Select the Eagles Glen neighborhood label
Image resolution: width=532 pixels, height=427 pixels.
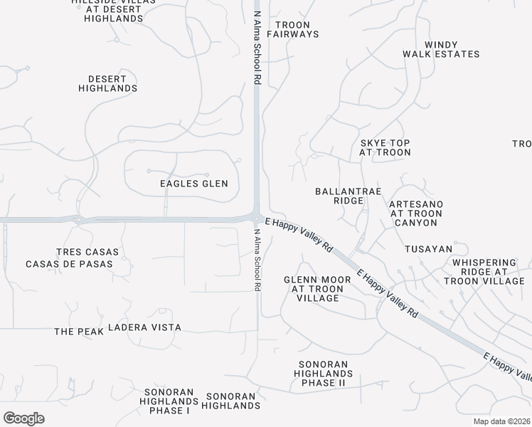(x=194, y=184)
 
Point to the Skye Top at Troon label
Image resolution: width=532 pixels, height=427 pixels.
(x=385, y=147)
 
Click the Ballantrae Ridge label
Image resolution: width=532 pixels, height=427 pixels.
(x=339, y=196)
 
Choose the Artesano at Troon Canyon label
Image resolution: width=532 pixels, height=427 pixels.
(x=416, y=213)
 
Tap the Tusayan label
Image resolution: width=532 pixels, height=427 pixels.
(x=428, y=249)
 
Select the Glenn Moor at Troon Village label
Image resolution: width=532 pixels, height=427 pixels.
(x=317, y=289)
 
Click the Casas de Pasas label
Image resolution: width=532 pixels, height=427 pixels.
(x=69, y=264)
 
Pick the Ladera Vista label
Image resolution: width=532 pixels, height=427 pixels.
(x=144, y=327)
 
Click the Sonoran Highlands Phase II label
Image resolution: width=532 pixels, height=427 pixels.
(x=321, y=374)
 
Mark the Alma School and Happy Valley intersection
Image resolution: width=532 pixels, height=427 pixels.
(x=257, y=217)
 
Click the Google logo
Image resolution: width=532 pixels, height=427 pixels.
(x=23, y=418)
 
